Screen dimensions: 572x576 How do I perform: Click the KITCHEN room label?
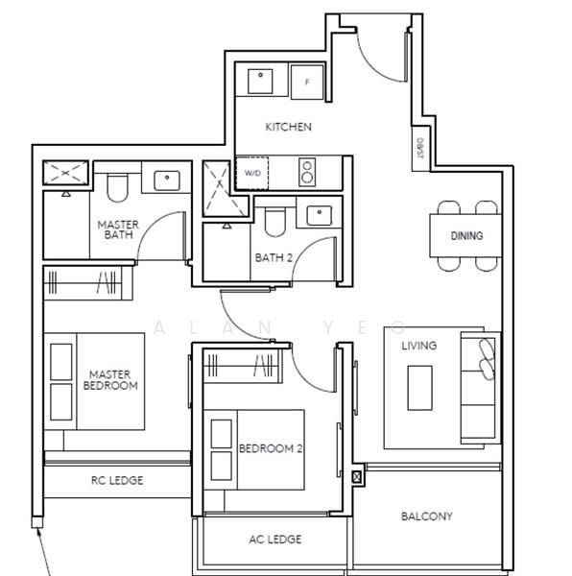pos(288,127)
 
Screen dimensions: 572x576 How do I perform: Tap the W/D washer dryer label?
pos(252,173)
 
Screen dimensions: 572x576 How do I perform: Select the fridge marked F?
pos(307,82)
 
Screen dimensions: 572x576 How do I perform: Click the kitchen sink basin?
pos(260,82)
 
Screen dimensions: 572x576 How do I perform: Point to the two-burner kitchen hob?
pos(307,172)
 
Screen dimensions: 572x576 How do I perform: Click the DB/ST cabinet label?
pos(420,148)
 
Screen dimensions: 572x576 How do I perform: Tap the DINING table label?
pos(466,235)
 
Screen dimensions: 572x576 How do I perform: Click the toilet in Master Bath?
pos(117,188)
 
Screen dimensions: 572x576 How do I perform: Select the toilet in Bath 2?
pos(275,222)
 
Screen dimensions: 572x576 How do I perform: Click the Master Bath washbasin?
pos(167,180)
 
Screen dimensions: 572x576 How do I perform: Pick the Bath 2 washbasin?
pos(319,215)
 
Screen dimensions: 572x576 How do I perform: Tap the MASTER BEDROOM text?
pos(110,380)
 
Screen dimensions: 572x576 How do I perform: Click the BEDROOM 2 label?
pos(271,448)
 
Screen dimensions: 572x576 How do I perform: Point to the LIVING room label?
pos(418,346)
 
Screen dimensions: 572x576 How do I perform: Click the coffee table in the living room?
pos(419,388)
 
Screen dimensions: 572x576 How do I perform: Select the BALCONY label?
pos(427,516)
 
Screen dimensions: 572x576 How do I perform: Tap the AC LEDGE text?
pos(275,540)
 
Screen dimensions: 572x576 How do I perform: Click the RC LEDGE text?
pos(117,481)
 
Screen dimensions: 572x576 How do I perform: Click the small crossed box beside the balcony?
pos(357,477)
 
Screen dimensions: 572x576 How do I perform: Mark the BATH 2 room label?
pos(274,258)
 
